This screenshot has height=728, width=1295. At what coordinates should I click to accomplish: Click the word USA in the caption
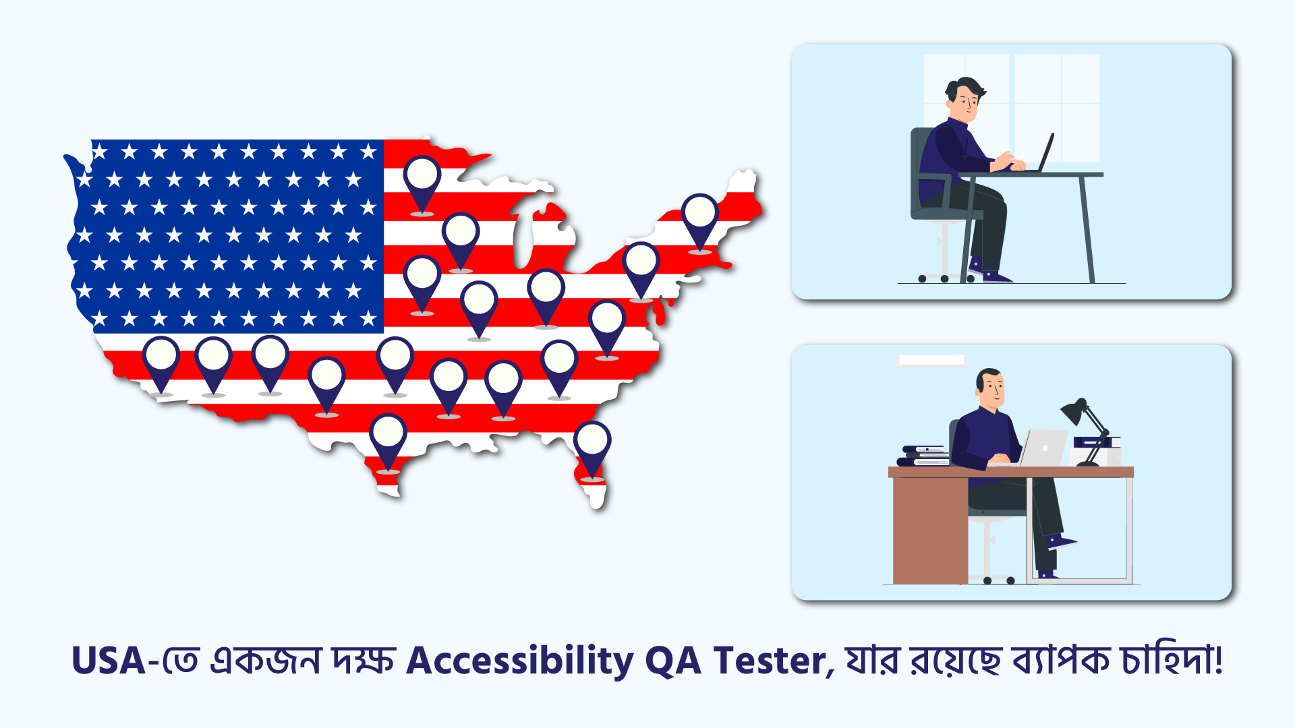[x=109, y=661]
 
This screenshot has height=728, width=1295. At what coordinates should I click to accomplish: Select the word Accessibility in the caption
[x=520, y=661]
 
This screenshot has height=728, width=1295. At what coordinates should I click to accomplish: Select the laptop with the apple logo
[x=1042, y=448]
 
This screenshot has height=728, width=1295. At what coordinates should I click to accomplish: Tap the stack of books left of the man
[x=923, y=456]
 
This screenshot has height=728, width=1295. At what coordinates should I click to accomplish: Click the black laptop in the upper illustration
[x=1042, y=153]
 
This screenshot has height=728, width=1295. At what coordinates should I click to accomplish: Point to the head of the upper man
[x=965, y=100]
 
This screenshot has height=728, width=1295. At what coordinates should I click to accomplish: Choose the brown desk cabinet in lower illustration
[x=930, y=530]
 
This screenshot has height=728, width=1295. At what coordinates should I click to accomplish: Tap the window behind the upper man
[x=1012, y=108]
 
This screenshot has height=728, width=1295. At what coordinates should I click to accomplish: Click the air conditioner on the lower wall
[x=931, y=361]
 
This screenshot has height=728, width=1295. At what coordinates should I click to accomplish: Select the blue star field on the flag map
[x=226, y=236]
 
